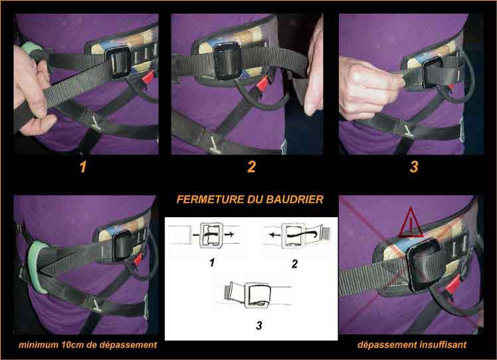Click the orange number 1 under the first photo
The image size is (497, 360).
pyautogui.click(x=83, y=167)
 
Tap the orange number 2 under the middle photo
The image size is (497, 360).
pyautogui.click(x=251, y=167)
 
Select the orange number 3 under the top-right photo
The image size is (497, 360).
pyautogui.click(x=414, y=167)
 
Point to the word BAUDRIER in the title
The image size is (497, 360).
pyautogui.click(x=295, y=199)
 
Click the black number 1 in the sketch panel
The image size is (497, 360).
pyautogui.click(x=212, y=262)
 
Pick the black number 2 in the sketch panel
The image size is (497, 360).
pyautogui.click(x=295, y=264)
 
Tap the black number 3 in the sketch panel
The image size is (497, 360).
pyautogui.click(x=259, y=325)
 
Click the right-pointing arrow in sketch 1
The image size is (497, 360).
pyautogui.click(x=229, y=234)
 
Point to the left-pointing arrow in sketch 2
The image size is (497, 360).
pyautogui.click(x=273, y=235)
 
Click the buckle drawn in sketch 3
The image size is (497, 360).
pyautogui.click(x=257, y=295)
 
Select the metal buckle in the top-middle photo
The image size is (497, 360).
pyautogui.click(x=228, y=61)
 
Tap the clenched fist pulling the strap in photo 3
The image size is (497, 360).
pyautogui.click(x=367, y=88)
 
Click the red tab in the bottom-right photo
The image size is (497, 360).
pyautogui.click(x=452, y=284)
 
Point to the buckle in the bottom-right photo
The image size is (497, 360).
pyautogui.click(x=425, y=265)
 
